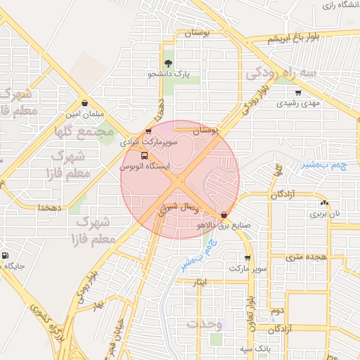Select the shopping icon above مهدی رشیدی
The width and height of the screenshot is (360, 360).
pos(298,92)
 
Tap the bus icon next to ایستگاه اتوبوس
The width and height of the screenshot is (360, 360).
pos(144,155)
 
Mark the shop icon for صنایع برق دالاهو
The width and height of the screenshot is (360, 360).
pos(224,214)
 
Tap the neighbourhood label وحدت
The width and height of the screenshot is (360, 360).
pos(205,323)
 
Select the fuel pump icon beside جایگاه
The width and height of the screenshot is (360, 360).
pos(6,256)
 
